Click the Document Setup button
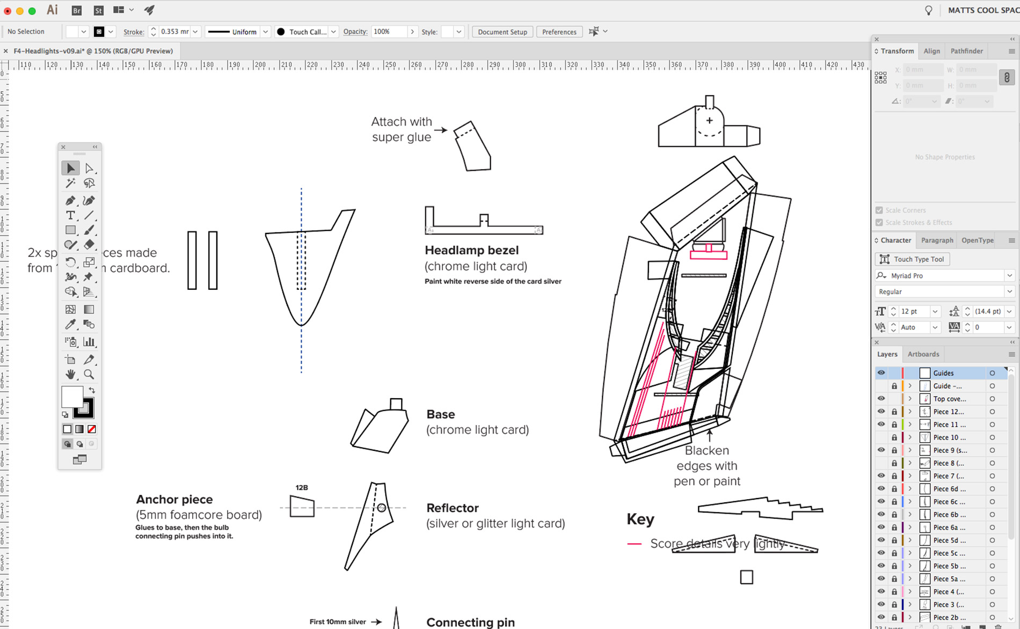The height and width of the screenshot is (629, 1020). pos(502,32)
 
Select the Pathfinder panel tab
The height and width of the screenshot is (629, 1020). pos(966,51)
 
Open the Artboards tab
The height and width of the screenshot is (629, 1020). pos(923,354)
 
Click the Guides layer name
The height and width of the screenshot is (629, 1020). pos(943,373)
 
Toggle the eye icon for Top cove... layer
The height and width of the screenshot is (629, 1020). pos(881,399)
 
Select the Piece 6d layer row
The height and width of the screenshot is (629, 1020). pos(949,489)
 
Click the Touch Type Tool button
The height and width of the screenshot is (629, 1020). pos(912,259)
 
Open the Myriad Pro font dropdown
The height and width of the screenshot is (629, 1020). pos(1009,275)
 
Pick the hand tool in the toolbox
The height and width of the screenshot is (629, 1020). pos(70,374)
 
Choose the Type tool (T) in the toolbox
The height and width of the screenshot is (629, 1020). pos(70,215)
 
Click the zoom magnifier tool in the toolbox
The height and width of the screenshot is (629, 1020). pos(89,374)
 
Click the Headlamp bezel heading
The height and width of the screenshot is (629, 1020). pos(471,250)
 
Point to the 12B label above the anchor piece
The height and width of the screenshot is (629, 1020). pos(302,488)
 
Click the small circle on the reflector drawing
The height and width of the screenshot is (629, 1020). pos(381,507)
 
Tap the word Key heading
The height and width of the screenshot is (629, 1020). pos(640,519)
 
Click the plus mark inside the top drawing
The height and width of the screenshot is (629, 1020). pos(709,120)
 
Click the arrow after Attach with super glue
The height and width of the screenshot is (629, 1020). pos(441,129)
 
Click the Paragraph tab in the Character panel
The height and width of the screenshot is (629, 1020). pos(937,240)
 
